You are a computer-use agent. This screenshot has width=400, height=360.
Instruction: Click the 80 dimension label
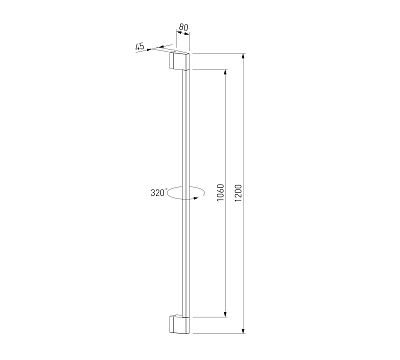[183, 27]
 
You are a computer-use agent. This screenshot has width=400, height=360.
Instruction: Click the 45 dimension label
[140, 46]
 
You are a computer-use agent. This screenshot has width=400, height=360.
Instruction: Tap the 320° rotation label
[158, 193]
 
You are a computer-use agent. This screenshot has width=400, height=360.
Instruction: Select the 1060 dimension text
[220, 192]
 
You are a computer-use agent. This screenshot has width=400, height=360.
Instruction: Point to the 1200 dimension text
[238, 193]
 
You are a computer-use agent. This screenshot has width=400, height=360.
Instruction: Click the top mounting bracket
[179, 61]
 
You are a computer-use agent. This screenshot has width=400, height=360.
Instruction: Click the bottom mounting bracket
[179, 324]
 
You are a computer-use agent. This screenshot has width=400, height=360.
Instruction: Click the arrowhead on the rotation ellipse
[196, 198]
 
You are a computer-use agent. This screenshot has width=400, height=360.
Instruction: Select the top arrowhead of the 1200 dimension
[244, 56]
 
